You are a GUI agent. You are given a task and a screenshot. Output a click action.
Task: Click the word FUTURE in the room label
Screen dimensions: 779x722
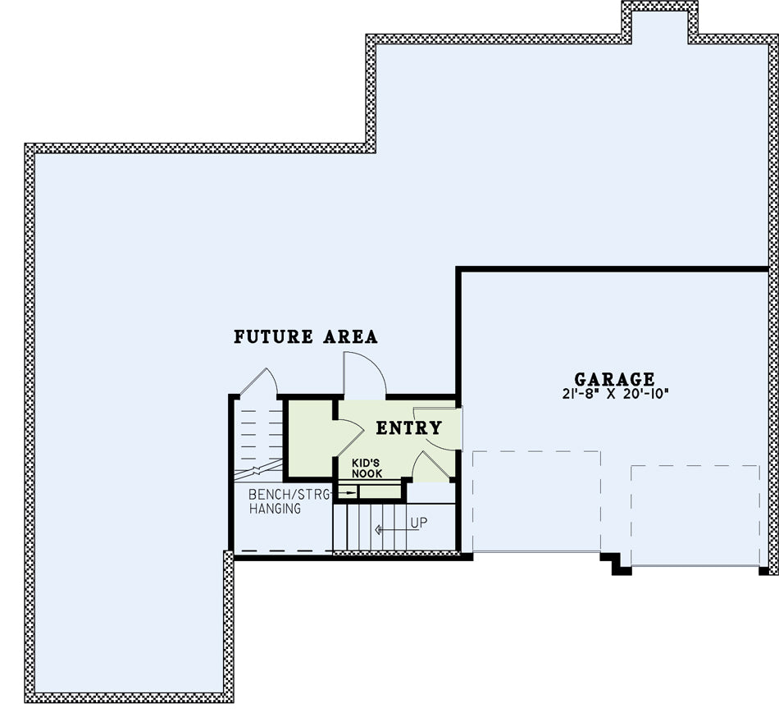pyautogui.click(x=273, y=336)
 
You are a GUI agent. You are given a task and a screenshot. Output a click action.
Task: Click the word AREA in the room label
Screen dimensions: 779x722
pyautogui.click(x=351, y=336)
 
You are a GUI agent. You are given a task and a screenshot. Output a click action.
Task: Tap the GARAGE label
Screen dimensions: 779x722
pyautogui.click(x=614, y=379)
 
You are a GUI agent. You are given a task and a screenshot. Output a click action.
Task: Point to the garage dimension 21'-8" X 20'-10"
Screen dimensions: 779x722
pyautogui.click(x=616, y=394)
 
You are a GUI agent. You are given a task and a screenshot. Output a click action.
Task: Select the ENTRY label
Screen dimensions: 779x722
pyautogui.click(x=409, y=427)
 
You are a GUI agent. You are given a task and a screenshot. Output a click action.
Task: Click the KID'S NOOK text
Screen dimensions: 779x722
pyautogui.click(x=367, y=468)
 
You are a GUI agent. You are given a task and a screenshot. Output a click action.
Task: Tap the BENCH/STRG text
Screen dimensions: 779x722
pyautogui.click(x=289, y=494)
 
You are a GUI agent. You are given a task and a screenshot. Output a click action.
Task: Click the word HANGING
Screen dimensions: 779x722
pyautogui.click(x=275, y=509)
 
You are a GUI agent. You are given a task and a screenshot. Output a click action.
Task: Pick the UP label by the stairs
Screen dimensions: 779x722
pyautogui.click(x=419, y=523)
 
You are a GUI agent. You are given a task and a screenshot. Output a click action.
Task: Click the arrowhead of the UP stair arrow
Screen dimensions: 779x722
pyautogui.click(x=378, y=530)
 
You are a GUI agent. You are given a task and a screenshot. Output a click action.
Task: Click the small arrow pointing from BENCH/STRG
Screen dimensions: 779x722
pyautogui.click(x=347, y=493)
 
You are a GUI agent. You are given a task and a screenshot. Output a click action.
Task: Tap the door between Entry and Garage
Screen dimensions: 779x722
pyautogui.click(x=437, y=428)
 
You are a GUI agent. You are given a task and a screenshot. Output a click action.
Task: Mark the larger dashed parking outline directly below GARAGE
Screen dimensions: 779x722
pyautogui.click(x=536, y=500)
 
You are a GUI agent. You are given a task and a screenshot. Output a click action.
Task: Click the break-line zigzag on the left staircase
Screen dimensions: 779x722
pyautogui.click(x=257, y=469)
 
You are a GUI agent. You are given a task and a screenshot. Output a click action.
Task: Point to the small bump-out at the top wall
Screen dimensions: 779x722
pyautogui.click(x=660, y=22)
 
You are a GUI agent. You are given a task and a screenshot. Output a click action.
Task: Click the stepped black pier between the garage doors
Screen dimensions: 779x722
pyautogui.click(x=616, y=564)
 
